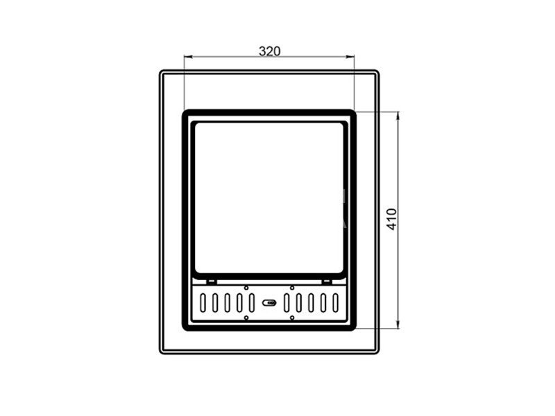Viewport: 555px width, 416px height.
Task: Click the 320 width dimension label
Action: tap(269, 51)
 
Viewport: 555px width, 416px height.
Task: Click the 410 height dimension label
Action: tap(392, 219)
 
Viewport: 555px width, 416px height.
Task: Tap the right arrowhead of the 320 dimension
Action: tap(350, 57)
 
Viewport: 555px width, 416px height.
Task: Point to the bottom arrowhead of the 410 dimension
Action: tap(398, 324)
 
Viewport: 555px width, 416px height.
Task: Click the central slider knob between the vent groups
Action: tap(269, 303)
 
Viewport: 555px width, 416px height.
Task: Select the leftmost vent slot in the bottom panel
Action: tap(203, 303)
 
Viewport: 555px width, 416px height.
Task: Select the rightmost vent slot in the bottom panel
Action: tap(335, 303)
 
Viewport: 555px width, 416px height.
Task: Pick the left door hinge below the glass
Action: tap(212, 282)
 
